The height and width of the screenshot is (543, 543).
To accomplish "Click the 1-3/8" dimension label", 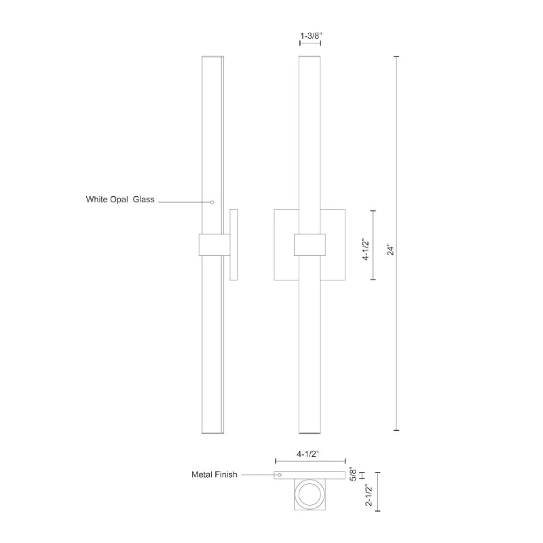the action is click(x=312, y=36).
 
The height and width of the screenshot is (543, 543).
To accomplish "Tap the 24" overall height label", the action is click(x=391, y=250).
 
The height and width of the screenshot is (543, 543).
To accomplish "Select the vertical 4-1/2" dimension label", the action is click(x=366, y=249).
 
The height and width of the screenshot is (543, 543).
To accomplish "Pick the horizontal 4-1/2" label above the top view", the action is click(x=307, y=454).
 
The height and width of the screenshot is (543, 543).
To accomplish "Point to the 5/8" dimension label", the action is click(x=353, y=474).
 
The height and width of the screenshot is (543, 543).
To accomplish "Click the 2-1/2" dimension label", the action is click(x=369, y=495).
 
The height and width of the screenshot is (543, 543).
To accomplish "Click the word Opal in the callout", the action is click(x=119, y=200).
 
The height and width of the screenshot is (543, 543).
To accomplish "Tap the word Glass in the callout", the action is click(x=144, y=200).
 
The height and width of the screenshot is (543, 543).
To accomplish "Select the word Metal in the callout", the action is click(x=202, y=474).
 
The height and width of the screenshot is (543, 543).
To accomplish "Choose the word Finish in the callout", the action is click(x=226, y=474).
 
